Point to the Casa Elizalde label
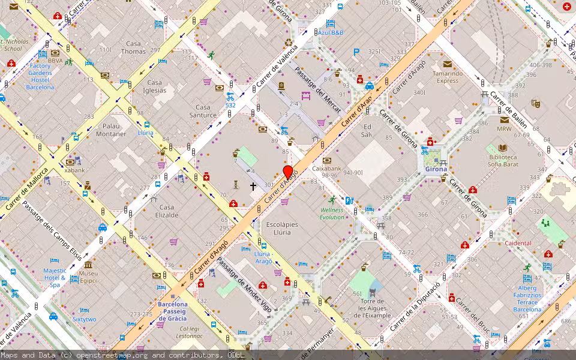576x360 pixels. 166,211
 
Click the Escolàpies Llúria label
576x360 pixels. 282,228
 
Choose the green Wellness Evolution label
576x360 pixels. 332,214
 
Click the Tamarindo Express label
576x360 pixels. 448,77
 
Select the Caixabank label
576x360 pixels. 326,169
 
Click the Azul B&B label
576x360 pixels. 331,32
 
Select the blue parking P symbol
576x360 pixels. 356,53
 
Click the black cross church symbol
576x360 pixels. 253,187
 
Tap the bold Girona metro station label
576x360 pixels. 436,169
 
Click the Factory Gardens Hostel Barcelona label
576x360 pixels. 40,76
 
